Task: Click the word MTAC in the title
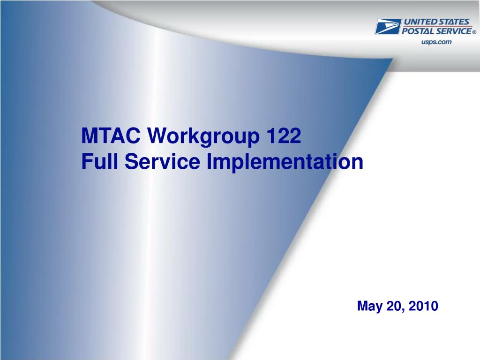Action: click(111, 135)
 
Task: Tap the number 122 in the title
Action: click(284, 135)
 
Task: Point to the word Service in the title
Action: click(162, 161)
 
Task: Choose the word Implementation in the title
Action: click(285, 163)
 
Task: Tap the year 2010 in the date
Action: click(423, 306)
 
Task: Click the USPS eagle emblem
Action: click(388, 26)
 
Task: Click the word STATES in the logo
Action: click(454, 22)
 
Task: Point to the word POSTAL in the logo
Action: click(418, 31)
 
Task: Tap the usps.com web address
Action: click(436, 42)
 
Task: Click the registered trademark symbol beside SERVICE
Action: click(474, 32)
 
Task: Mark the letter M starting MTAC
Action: click(90, 135)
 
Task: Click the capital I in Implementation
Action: click(209, 161)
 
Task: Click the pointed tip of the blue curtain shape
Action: click(392, 59)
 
